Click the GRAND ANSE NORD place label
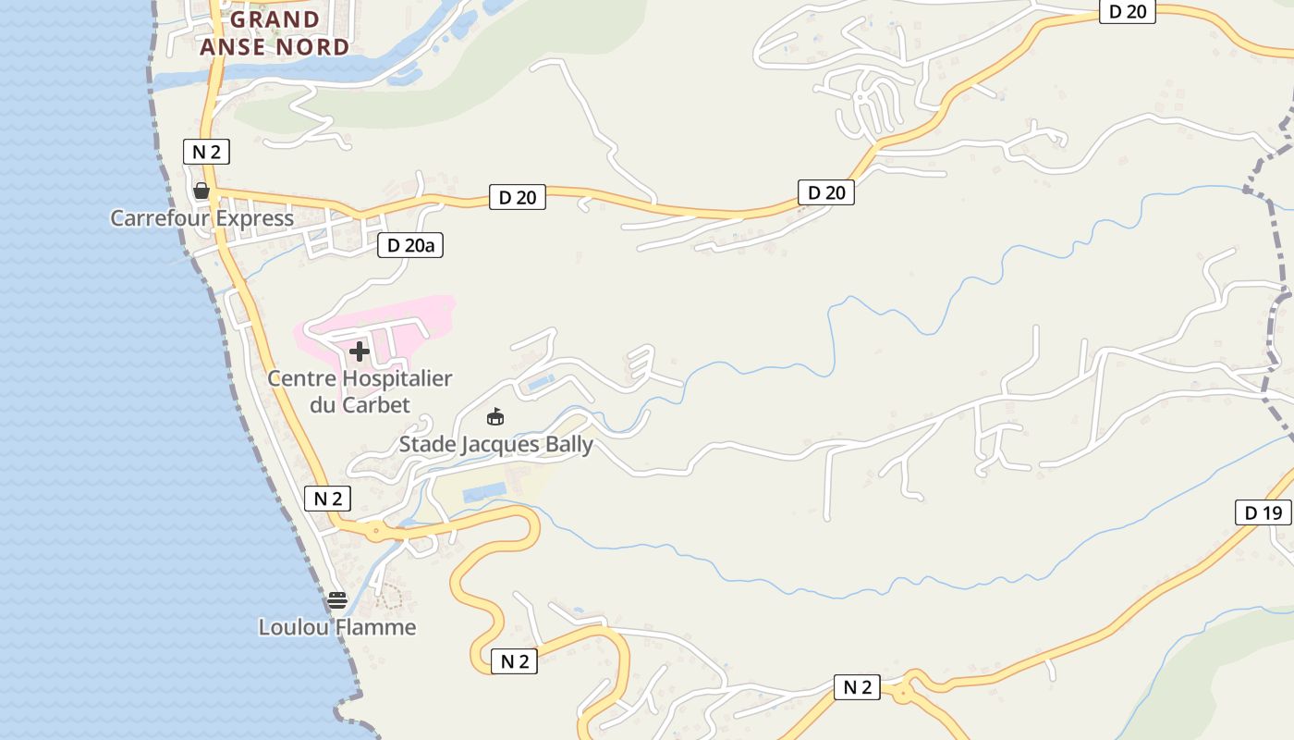click(275, 33)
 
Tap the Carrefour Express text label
click(201, 218)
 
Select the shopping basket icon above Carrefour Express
click(201, 191)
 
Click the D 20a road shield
click(410, 245)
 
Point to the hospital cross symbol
click(360, 351)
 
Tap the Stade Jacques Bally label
click(495, 445)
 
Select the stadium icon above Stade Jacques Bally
click(495, 417)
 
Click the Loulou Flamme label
click(336, 627)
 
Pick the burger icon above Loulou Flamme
click(336, 600)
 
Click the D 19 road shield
click(1263, 512)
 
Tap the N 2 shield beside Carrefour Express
click(206, 152)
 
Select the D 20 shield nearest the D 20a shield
click(517, 197)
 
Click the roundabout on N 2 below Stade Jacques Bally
click(374, 531)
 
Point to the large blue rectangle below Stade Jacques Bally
click(484, 492)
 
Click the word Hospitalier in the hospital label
click(397, 378)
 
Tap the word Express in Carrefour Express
click(251, 218)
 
